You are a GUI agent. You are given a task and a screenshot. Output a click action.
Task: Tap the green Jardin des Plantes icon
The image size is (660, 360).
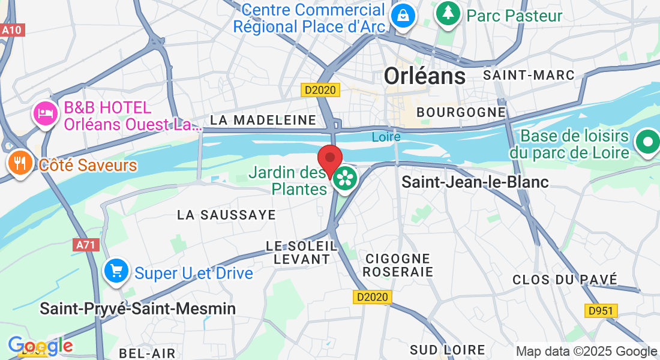coord(345,178)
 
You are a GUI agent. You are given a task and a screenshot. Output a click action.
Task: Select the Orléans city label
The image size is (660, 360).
coord(424,76)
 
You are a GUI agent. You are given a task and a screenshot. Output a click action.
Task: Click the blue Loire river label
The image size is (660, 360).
coord(386,137)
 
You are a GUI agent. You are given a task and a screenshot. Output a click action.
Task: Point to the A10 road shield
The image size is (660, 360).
coord(12,30)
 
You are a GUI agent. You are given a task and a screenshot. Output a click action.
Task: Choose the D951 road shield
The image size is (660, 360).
coord(601,310)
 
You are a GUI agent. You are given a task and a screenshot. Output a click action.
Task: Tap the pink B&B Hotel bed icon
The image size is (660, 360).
coord(46,112)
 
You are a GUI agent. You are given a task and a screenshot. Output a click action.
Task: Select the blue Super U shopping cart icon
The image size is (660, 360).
coord(116,271)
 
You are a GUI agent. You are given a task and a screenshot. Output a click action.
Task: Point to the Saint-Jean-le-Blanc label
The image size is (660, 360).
coord(475,182)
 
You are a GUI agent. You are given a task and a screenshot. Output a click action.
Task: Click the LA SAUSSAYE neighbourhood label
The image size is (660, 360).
coord(227,215)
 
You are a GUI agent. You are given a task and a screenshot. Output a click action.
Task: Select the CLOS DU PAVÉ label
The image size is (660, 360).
coord(565,279)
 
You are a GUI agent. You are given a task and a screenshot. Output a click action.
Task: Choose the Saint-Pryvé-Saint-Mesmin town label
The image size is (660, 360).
coord(137,308)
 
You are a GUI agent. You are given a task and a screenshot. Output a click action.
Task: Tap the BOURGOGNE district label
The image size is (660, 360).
coord(461,112)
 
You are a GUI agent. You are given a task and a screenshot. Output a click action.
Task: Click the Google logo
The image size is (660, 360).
coord(40,346)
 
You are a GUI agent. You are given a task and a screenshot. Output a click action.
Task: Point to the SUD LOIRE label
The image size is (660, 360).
coord(448,349)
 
